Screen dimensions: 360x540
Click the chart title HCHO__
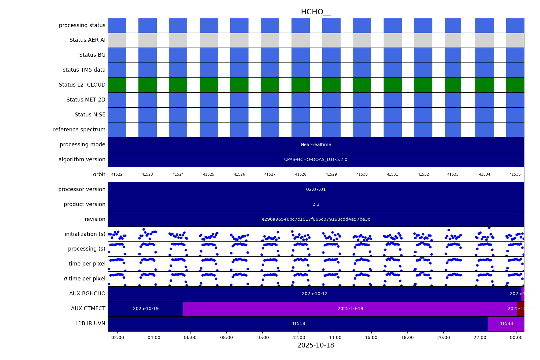[x=316, y=12]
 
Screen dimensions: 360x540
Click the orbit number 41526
[x=239, y=174]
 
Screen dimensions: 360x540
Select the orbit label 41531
[x=392, y=174]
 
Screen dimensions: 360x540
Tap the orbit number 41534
[x=484, y=174]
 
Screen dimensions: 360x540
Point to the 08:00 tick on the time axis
[x=226, y=337]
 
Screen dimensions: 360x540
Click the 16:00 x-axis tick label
[x=371, y=337]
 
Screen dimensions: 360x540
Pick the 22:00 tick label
[x=480, y=337]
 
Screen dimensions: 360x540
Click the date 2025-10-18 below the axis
[x=316, y=345]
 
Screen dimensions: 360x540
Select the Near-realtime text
[x=316, y=144]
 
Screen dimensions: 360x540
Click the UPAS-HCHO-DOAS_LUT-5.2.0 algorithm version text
[x=316, y=159]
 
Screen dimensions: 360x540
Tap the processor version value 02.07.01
[x=316, y=189]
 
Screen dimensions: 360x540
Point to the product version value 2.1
[x=316, y=204]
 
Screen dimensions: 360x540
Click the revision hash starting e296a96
[x=316, y=219]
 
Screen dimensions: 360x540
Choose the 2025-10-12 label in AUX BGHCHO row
[x=314, y=294]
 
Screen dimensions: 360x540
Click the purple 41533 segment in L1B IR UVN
[x=506, y=323]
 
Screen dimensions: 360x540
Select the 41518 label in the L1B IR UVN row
[x=298, y=323]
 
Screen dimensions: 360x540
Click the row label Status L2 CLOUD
[x=82, y=85]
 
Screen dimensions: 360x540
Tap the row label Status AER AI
[x=87, y=40]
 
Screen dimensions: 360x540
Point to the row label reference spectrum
[x=79, y=130]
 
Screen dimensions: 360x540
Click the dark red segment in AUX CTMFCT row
[x=520, y=308]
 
